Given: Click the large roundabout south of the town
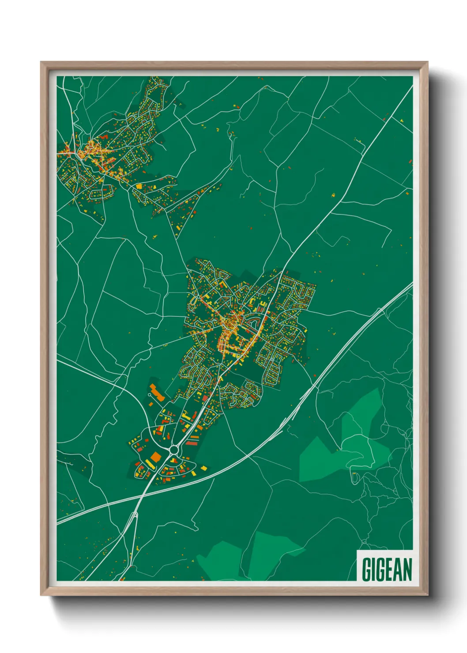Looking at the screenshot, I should pos(173,450).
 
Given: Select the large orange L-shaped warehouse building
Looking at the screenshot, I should pos(157,393).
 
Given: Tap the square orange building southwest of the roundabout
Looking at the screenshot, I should pos(155,456).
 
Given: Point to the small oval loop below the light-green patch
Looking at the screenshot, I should pos(354,476).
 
